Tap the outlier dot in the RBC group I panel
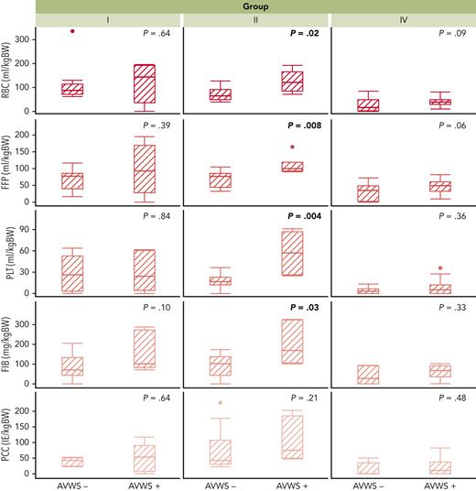pyautogui.click(x=72, y=32)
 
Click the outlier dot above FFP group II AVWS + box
pyautogui.click(x=293, y=147)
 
